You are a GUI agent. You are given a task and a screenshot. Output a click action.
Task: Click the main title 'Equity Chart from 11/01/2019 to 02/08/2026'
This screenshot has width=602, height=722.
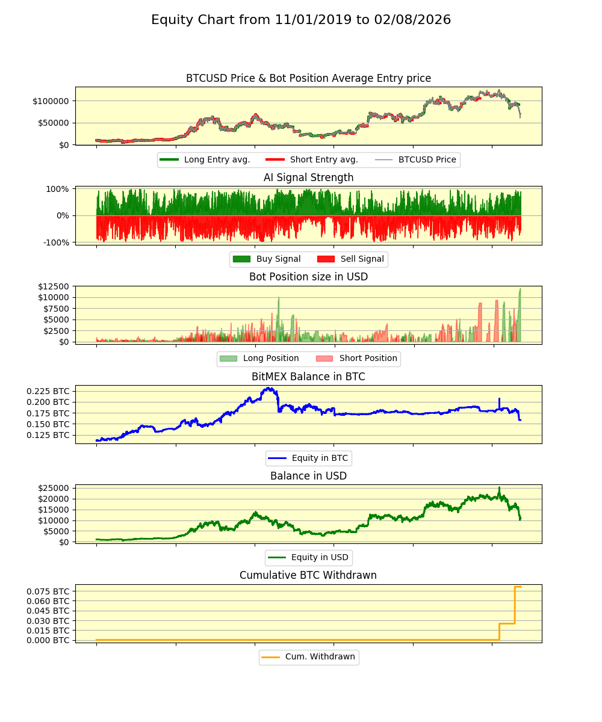point(301,20)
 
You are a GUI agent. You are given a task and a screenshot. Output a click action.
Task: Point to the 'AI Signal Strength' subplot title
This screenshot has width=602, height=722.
point(308,177)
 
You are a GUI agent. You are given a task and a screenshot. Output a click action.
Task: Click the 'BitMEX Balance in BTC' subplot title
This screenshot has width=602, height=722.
point(308,377)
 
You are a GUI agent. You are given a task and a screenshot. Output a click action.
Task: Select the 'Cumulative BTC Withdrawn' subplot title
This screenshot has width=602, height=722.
point(308,575)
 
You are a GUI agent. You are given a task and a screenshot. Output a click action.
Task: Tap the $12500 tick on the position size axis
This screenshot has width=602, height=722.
point(53,286)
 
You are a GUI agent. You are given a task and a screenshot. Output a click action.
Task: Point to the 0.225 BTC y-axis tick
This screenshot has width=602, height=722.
point(48,390)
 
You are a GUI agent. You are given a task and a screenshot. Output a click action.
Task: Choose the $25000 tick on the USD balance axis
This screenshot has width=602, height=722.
point(53,488)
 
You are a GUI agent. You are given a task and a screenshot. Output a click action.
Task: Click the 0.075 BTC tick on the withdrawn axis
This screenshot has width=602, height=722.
point(48,591)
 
